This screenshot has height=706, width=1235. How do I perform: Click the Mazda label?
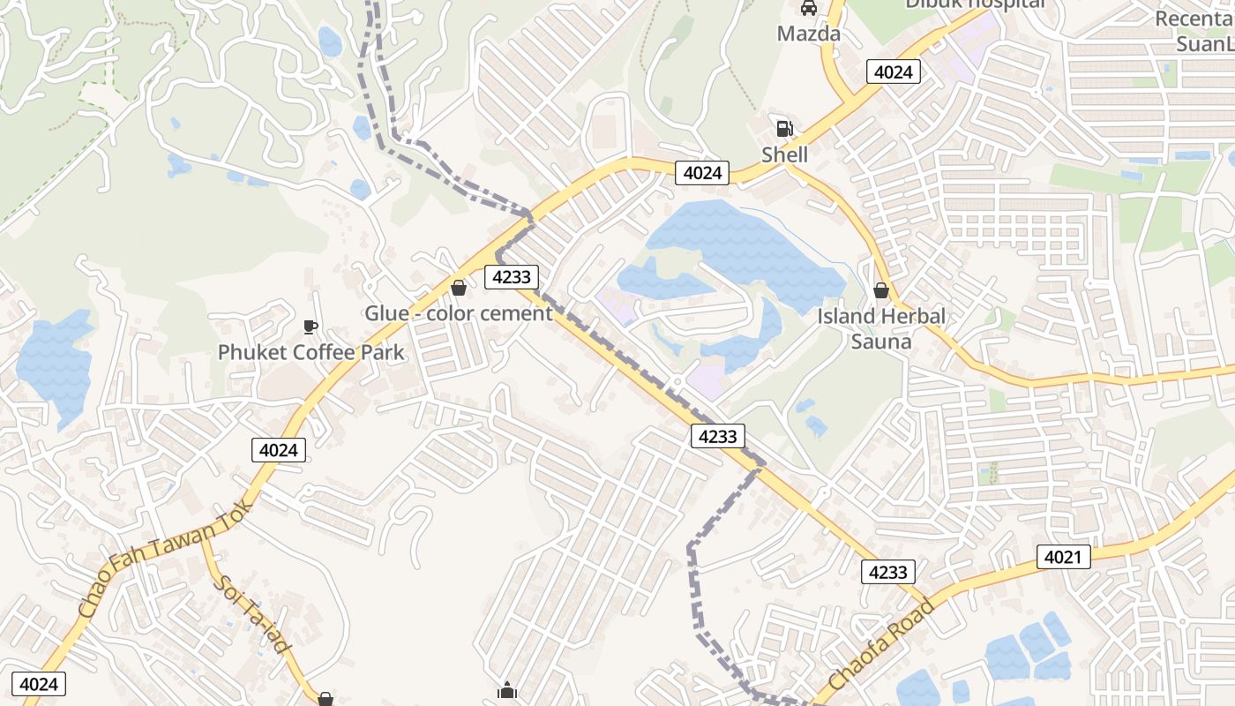808,34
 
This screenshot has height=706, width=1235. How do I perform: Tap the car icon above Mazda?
808,9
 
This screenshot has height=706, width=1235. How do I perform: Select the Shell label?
784,154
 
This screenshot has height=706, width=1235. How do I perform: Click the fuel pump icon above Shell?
784,129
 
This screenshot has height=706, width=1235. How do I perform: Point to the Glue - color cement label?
459,313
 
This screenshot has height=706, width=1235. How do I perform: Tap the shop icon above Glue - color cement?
459,288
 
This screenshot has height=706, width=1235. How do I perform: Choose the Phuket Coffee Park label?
311,352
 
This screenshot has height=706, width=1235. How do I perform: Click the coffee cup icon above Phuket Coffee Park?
311,327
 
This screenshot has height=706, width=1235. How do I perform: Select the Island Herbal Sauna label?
880,328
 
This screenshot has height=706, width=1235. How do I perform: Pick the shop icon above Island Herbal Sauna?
880,289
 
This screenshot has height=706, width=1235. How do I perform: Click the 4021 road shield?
1063,557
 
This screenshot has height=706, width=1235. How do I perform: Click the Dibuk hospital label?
974,4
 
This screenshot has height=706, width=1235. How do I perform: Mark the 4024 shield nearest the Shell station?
702,173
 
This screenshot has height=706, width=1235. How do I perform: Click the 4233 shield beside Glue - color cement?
512,277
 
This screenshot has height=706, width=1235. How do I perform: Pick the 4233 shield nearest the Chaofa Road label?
887,572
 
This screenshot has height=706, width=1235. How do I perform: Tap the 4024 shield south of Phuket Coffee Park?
279,450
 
